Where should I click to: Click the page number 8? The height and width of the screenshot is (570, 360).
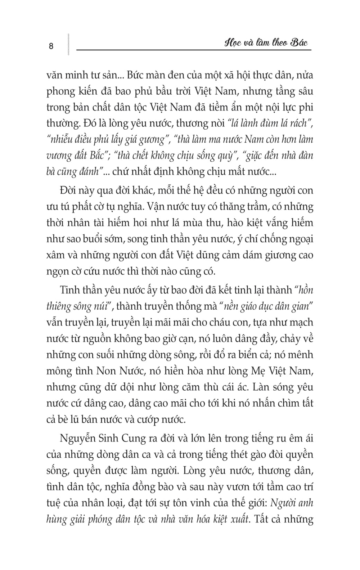[x=51, y=46]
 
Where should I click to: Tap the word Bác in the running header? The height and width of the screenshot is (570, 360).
[x=299, y=43]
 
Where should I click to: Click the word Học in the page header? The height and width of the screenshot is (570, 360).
[x=233, y=44]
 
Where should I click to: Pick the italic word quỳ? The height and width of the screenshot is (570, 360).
[x=226, y=156]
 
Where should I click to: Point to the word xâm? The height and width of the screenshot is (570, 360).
[x=55, y=255]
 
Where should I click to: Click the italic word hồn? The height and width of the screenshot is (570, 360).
[x=305, y=290]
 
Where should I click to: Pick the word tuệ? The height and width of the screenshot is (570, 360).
[x=55, y=503]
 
